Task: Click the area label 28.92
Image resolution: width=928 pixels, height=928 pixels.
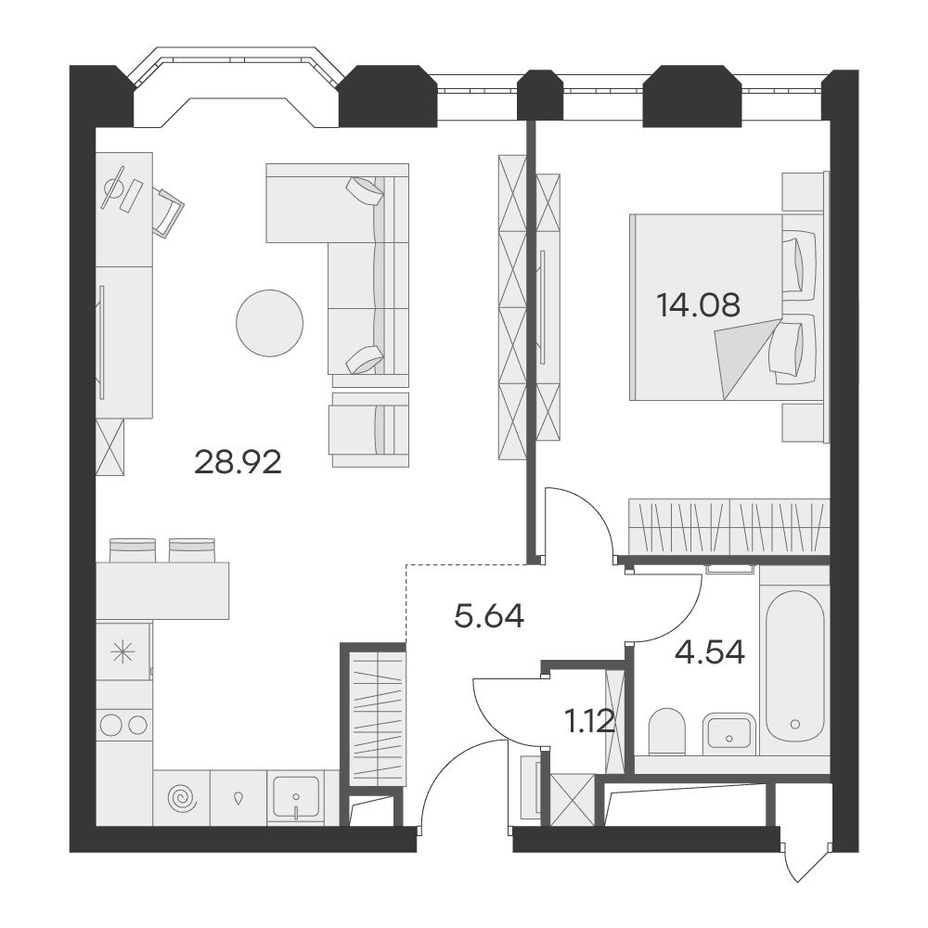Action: point(238,463)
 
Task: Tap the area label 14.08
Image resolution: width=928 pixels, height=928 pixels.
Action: point(699,306)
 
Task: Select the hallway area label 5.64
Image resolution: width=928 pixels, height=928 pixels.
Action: point(489,616)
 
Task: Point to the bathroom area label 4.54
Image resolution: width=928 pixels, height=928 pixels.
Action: point(710,652)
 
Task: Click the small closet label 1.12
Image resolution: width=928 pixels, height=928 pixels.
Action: point(590,722)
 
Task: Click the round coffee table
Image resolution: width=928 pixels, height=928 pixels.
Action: point(269,323)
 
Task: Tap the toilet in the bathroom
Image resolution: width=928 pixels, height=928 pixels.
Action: point(667,731)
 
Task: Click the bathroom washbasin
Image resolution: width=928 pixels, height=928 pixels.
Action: point(729,734)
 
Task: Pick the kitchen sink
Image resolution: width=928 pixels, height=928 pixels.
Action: point(296,797)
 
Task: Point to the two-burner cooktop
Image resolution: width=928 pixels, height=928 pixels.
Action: point(124,725)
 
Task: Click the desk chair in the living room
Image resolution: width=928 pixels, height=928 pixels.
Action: point(169,212)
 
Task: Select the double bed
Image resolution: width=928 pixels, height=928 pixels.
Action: point(729,307)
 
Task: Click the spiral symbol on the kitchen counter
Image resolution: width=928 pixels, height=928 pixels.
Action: point(182,798)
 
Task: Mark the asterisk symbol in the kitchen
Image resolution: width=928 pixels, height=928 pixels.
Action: point(124,652)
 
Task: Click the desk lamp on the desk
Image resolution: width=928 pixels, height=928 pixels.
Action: point(113,187)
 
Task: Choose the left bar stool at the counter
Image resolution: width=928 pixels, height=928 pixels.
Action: point(133,549)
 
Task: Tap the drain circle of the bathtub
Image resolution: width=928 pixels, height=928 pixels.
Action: point(795,724)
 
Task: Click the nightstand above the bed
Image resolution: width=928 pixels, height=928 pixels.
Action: point(806,191)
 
